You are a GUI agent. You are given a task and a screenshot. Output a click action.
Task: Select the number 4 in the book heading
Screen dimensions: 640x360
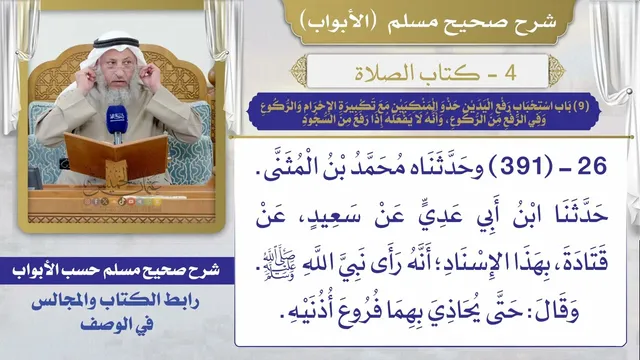point(511,73)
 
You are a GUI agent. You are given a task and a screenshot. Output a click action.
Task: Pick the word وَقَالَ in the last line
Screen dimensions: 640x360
point(557,311)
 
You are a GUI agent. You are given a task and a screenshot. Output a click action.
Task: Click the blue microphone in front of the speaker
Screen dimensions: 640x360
point(117,121)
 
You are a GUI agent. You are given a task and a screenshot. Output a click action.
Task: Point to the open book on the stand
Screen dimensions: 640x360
point(116,154)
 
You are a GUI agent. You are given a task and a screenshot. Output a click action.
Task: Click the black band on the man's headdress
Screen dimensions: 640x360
point(115,42)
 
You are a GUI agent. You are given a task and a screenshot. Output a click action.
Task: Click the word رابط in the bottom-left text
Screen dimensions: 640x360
point(183,302)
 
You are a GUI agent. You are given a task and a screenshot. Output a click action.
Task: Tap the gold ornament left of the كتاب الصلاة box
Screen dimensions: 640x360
point(299,72)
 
